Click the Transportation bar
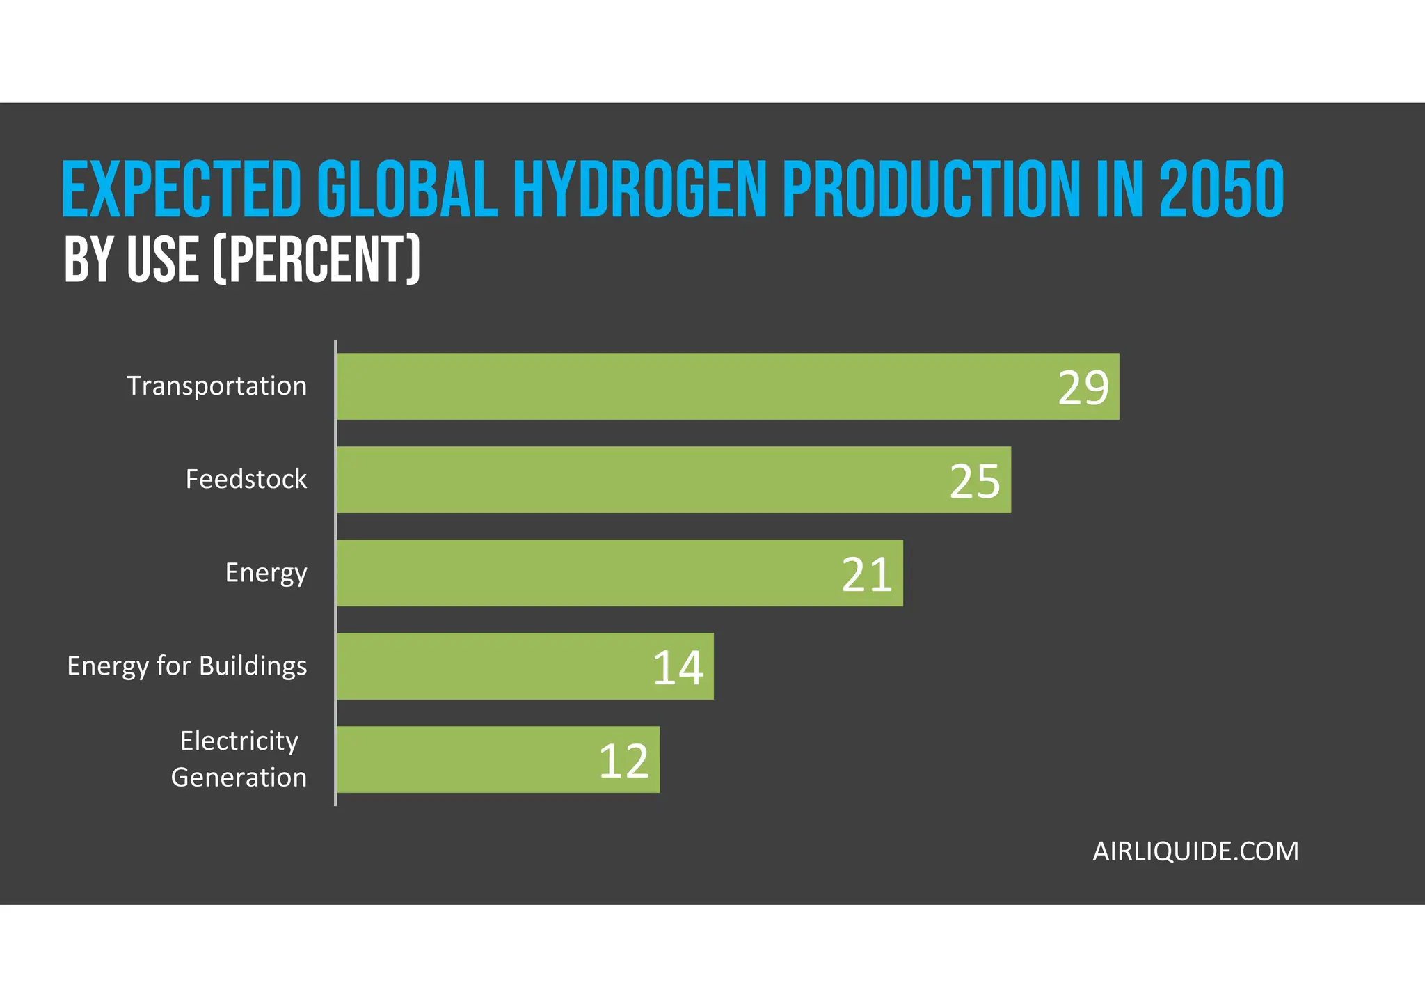(696, 386)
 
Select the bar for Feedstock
(640, 480)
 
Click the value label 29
(1083, 388)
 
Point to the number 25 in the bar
(974, 481)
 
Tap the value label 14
(678, 668)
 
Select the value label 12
(623, 761)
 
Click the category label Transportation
(216, 386)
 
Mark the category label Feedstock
(246, 480)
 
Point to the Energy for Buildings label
(186, 666)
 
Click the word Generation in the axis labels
(239, 778)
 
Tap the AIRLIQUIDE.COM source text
(1195, 851)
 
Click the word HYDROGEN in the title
(639, 189)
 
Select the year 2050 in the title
(1221, 189)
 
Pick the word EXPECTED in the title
(182, 189)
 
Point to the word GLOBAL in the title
(407, 189)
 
